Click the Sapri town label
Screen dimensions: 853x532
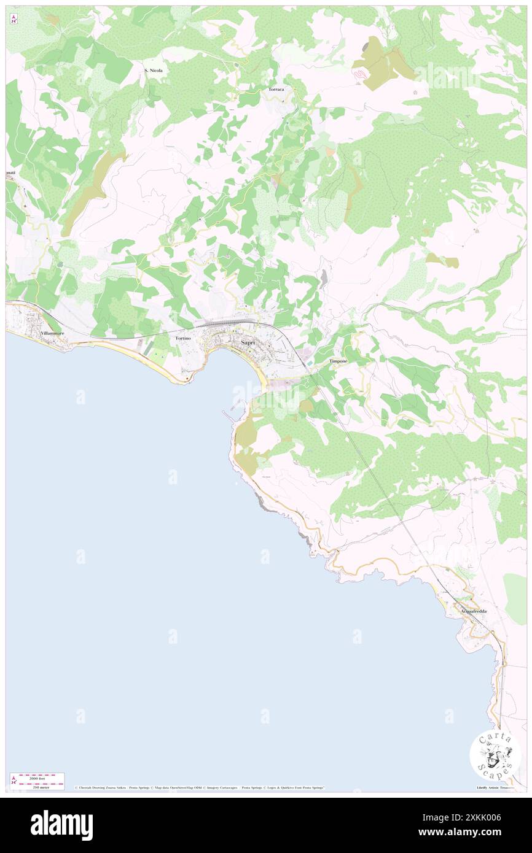248,342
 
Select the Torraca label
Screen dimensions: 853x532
276,90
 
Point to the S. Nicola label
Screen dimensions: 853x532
154,71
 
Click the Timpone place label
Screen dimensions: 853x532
338,361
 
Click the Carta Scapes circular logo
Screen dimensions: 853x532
495,755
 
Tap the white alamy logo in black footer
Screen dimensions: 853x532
61,825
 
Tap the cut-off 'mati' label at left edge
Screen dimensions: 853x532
10,173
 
